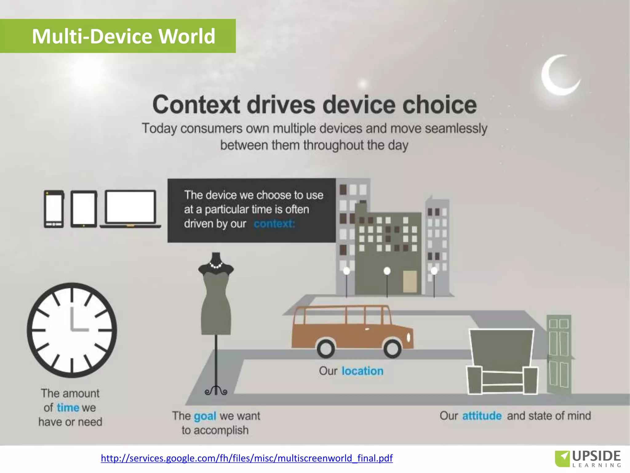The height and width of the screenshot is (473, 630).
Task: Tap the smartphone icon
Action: point(54,209)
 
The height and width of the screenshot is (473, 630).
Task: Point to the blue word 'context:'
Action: point(274,224)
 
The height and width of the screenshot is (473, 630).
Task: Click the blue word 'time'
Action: point(68,408)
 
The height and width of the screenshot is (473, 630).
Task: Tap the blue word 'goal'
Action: point(205,416)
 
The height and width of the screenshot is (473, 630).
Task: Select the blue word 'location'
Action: point(363,371)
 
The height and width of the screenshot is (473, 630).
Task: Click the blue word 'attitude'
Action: point(482,416)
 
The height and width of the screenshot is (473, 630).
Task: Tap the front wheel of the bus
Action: point(393,349)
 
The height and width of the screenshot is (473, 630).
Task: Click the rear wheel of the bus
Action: point(326,349)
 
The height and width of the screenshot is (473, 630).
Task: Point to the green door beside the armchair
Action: point(559,354)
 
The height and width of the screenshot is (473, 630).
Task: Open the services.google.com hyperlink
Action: point(247,458)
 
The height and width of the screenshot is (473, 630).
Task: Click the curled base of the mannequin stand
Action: point(216,391)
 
